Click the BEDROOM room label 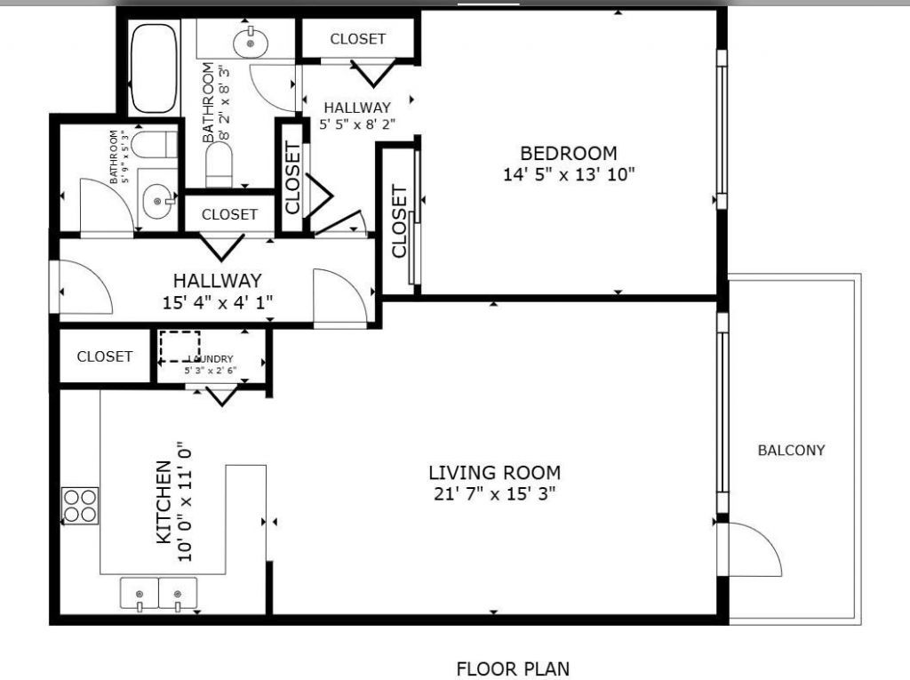(x=569, y=153)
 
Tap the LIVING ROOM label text (x=494, y=472)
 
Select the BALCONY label (x=791, y=450)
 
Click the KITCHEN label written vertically (x=164, y=503)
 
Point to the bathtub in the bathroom (x=155, y=68)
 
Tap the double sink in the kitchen (x=159, y=594)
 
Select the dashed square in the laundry (x=180, y=346)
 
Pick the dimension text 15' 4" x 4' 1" (x=218, y=301)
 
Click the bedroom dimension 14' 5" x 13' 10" (x=569, y=174)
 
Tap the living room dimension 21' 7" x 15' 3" (x=494, y=493)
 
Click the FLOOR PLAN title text (x=513, y=668)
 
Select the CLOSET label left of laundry (x=105, y=356)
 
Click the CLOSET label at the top (x=358, y=38)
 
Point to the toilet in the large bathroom (x=220, y=164)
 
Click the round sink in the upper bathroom (x=251, y=41)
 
